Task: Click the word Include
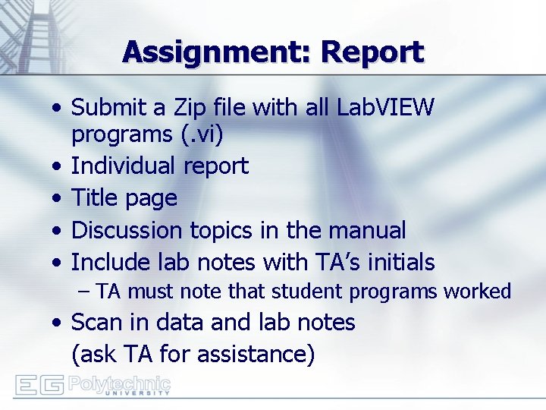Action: pyautogui.click(x=107, y=263)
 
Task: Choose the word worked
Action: pyautogui.click(x=478, y=292)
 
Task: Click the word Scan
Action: pyautogui.click(x=96, y=323)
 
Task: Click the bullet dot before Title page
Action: pyautogui.click(x=58, y=199)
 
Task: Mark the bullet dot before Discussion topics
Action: pyautogui.click(x=58, y=231)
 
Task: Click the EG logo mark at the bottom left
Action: pyautogui.click(x=39, y=385)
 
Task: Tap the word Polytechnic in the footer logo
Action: pyautogui.click(x=119, y=382)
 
